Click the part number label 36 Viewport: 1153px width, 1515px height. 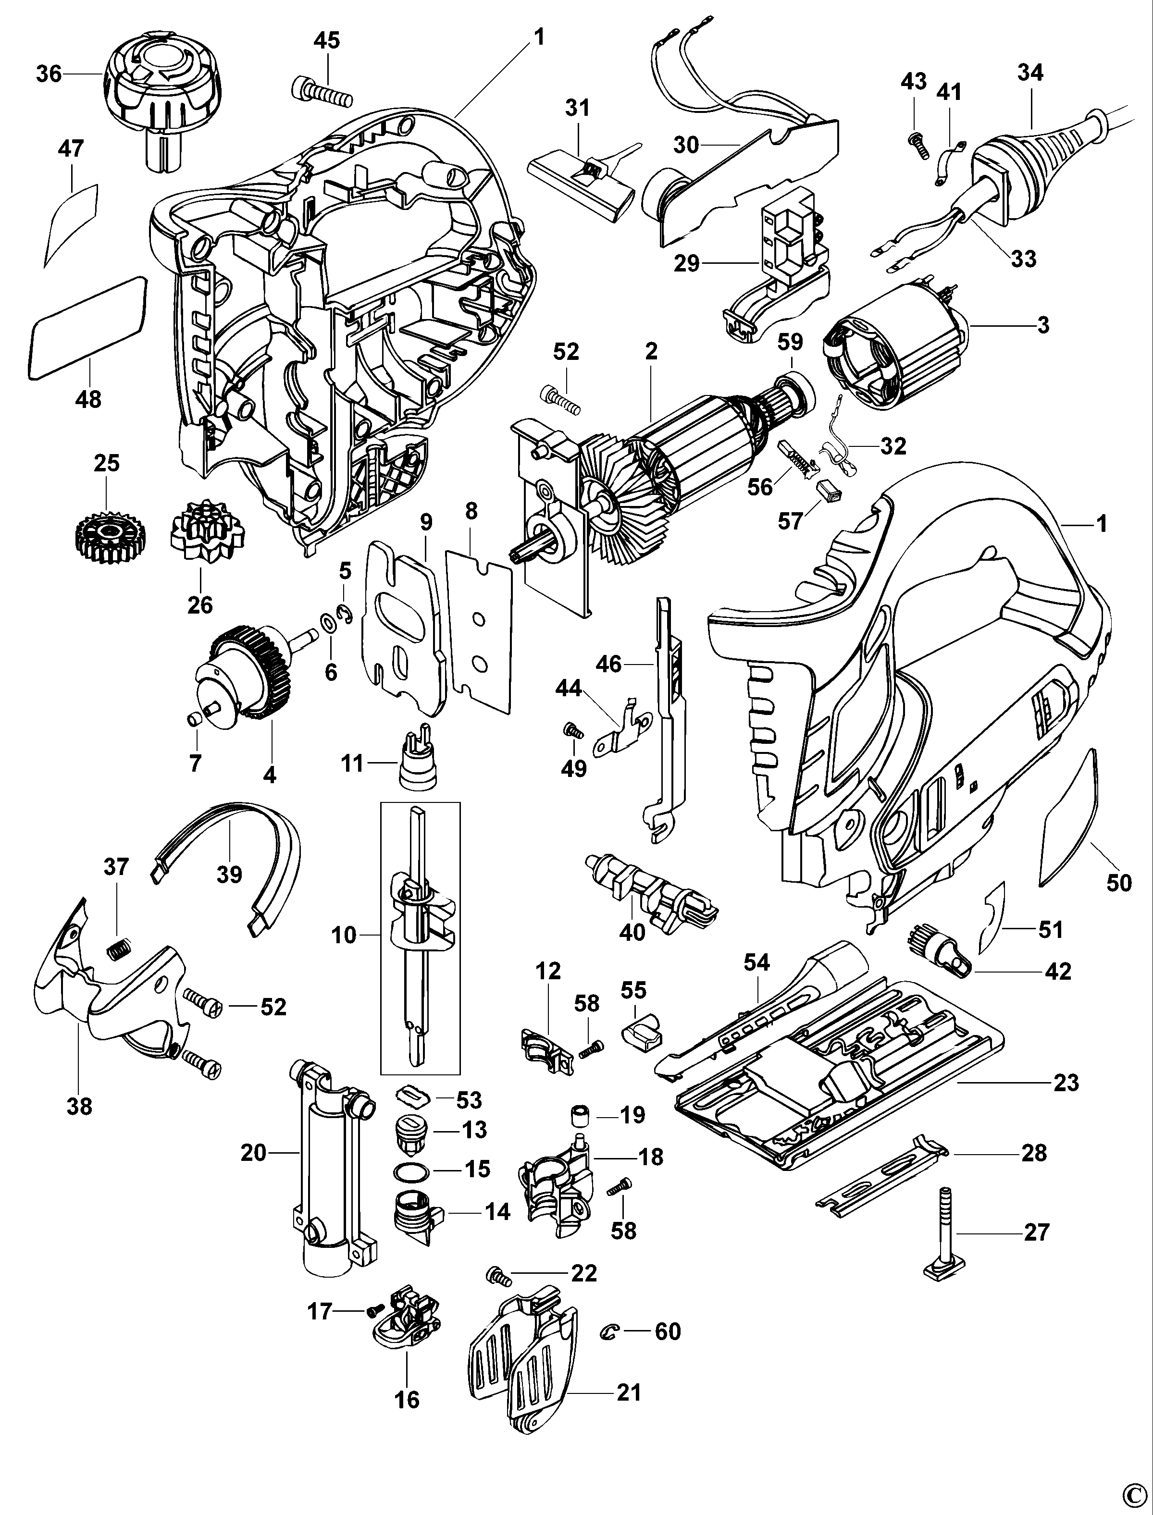pyautogui.click(x=49, y=74)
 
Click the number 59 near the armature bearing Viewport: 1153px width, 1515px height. pyautogui.click(x=790, y=342)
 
